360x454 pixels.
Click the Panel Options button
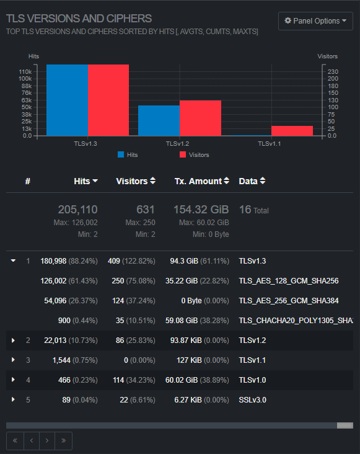[315, 21]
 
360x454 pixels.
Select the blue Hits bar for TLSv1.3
[67, 100]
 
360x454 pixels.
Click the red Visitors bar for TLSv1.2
[200, 118]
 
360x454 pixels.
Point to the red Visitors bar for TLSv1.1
[292, 131]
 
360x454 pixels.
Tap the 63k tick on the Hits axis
[26, 100]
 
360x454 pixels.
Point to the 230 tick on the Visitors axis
[333, 71]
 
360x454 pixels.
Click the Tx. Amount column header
[202, 181]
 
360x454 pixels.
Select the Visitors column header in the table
[136, 181]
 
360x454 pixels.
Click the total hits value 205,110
[78, 210]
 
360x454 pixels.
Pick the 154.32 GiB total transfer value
[201, 210]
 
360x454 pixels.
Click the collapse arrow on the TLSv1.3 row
[13, 261]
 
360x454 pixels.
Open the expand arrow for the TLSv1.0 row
[13, 380]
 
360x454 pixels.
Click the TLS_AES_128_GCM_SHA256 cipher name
[289, 281]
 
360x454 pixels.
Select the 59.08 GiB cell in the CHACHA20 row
[182, 321]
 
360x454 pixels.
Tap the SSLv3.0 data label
[252, 400]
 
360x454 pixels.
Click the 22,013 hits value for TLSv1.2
[55, 340]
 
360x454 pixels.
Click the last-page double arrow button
[63, 441]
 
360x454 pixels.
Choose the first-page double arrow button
[15, 441]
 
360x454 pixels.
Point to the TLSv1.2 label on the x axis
[177, 144]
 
